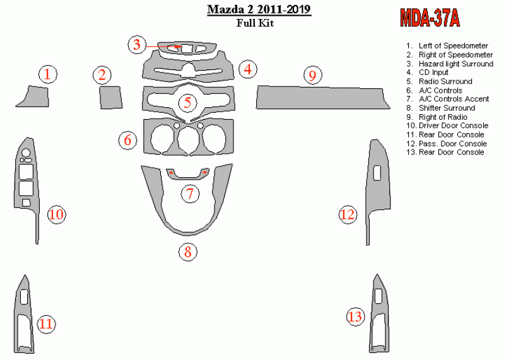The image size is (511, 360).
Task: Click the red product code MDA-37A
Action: tap(430, 18)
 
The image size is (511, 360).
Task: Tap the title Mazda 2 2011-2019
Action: tap(259, 9)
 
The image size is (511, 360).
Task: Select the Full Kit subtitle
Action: tap(255, 23)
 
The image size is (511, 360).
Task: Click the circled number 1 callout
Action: tap(48, 74)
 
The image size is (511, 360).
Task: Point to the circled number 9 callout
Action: tap(312, 75)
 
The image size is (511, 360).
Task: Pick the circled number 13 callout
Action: tap(355, 316)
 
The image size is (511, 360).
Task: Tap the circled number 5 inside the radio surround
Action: tap(188, 103)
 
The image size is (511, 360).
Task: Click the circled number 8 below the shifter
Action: tap(188, 252)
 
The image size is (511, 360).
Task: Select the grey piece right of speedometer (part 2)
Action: tap(111, 98)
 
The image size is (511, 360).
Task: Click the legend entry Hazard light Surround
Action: tap(455, 64)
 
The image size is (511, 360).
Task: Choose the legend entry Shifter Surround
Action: tap(447, 108)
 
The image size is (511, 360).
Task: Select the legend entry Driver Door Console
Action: tap(454, 125)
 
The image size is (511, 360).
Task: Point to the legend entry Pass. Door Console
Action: tap(453, 144)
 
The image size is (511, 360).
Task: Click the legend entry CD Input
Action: tap(433, 73)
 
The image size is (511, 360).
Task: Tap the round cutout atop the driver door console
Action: tap(26, 153)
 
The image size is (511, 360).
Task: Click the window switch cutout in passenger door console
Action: tap(377, 173)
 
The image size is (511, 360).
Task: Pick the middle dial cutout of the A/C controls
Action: tap(189, 139)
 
